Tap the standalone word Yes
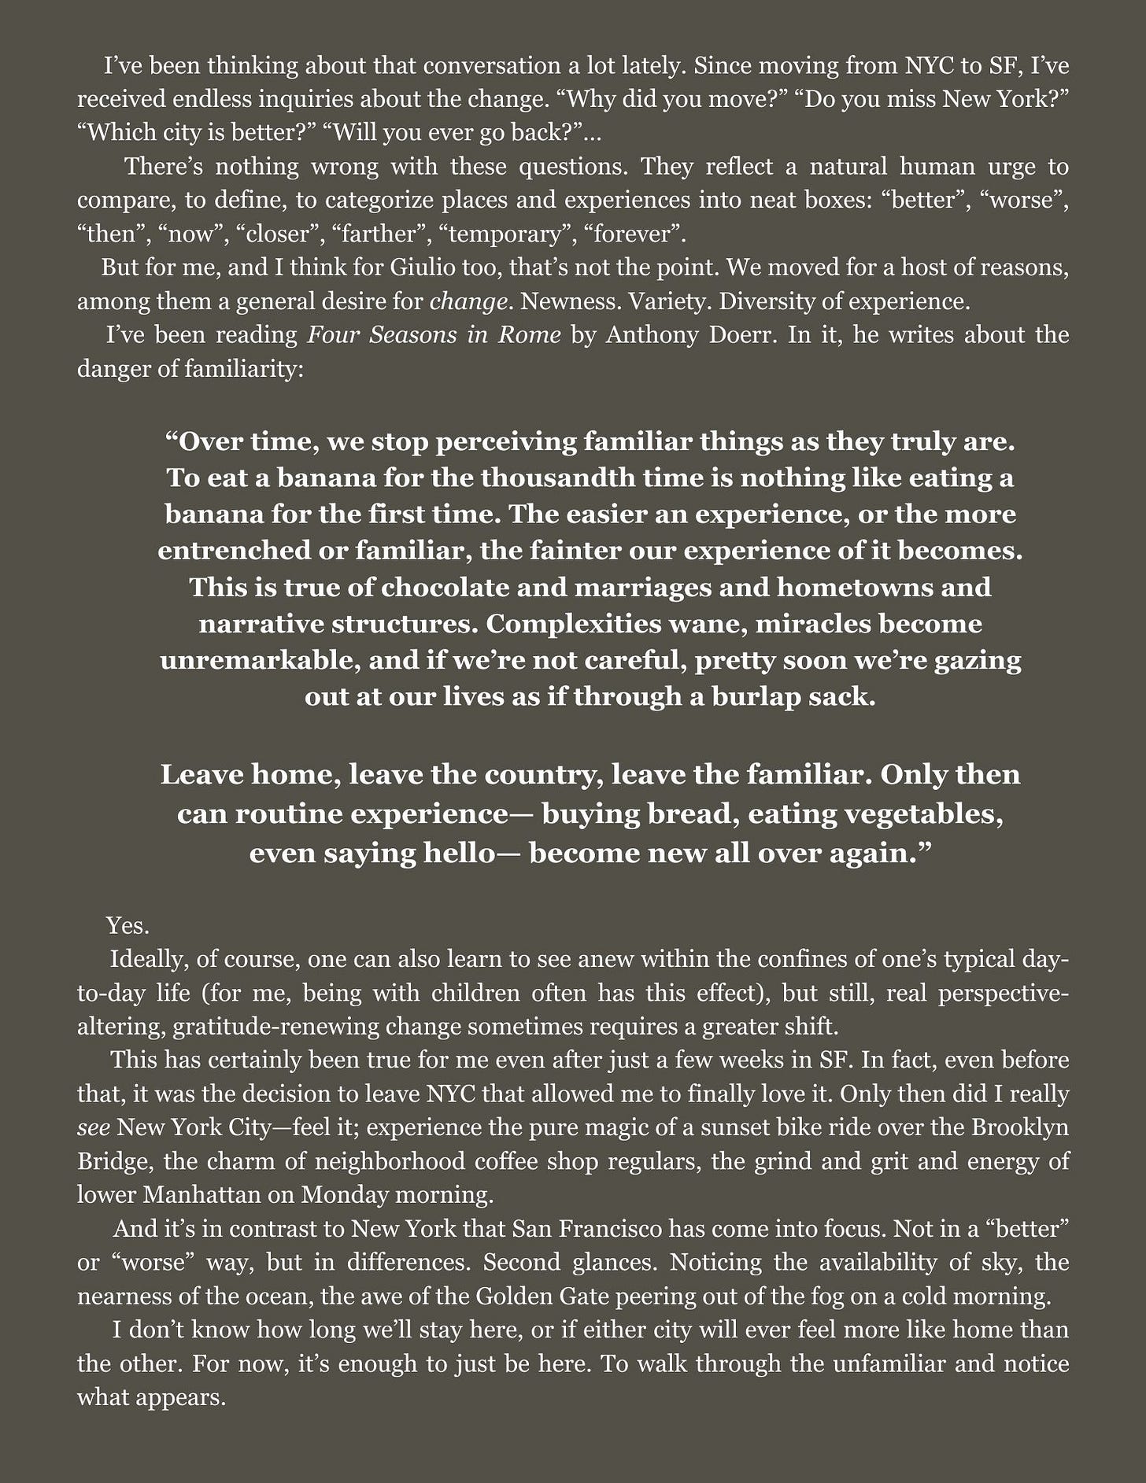(128, 926)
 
